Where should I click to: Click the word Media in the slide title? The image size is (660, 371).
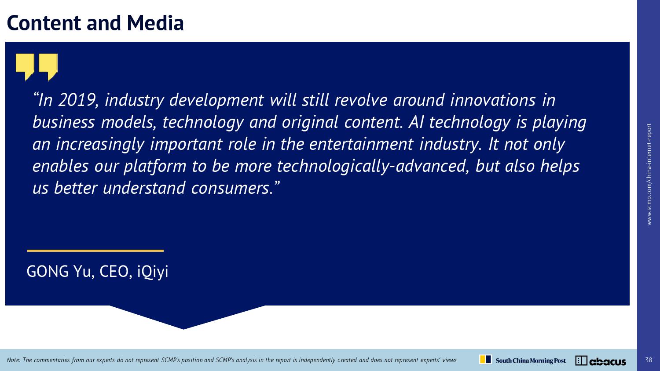point(155,23)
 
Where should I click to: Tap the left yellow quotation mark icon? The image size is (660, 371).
point(25,67)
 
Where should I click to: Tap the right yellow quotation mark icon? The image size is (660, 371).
point(48,67)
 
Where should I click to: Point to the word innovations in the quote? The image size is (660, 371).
point(492,100)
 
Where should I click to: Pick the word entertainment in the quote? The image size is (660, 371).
point(361,144)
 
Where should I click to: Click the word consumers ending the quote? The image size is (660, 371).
point(232,189)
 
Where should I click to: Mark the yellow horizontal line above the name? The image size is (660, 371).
point(95,251)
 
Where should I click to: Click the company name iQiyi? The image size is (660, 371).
point(153,272)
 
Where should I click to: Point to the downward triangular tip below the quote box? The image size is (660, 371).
point(183,329)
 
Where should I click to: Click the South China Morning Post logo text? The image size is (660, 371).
point(530,360)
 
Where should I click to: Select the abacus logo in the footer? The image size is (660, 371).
point(601,361)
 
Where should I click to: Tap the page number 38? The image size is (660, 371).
point(649,360)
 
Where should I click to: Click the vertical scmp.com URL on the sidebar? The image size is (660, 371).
point(649,175)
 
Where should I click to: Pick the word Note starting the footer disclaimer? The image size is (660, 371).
point(13,360)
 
